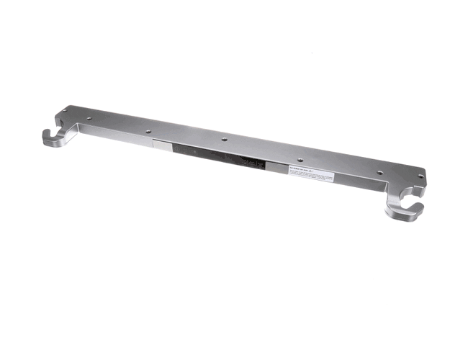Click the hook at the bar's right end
[404, 205]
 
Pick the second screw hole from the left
[88, 120]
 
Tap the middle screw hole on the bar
[225, 140]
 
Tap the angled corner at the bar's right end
[421, 174]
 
